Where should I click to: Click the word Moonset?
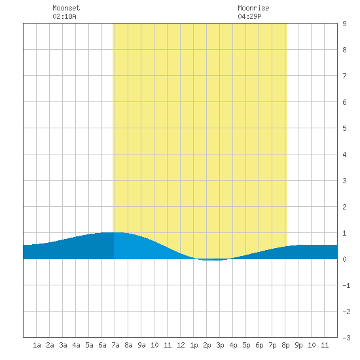point(66,8)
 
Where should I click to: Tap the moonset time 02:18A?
point(64,16)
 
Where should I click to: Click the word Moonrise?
point(253,8)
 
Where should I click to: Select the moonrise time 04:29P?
point(249,16)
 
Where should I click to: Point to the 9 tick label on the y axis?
point(344,24)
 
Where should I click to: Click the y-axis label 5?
point(344,128)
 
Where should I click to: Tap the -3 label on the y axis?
point(346,338)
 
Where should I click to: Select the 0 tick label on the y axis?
point(344,259)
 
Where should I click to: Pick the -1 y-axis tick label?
point(346,285)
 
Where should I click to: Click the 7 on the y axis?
point(344,76)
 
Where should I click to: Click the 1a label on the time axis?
point(37,345)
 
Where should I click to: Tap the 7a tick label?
point(115,345)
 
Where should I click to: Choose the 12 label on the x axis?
point(181,345)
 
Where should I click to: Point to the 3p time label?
point(220,345)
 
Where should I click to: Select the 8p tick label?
point(285,345)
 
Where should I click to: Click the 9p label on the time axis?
point(298,345)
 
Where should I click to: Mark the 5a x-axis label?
point(89,345)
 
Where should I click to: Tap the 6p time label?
point(259,345)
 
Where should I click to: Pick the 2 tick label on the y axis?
point(344,207)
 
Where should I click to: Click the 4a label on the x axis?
point(76,345)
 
